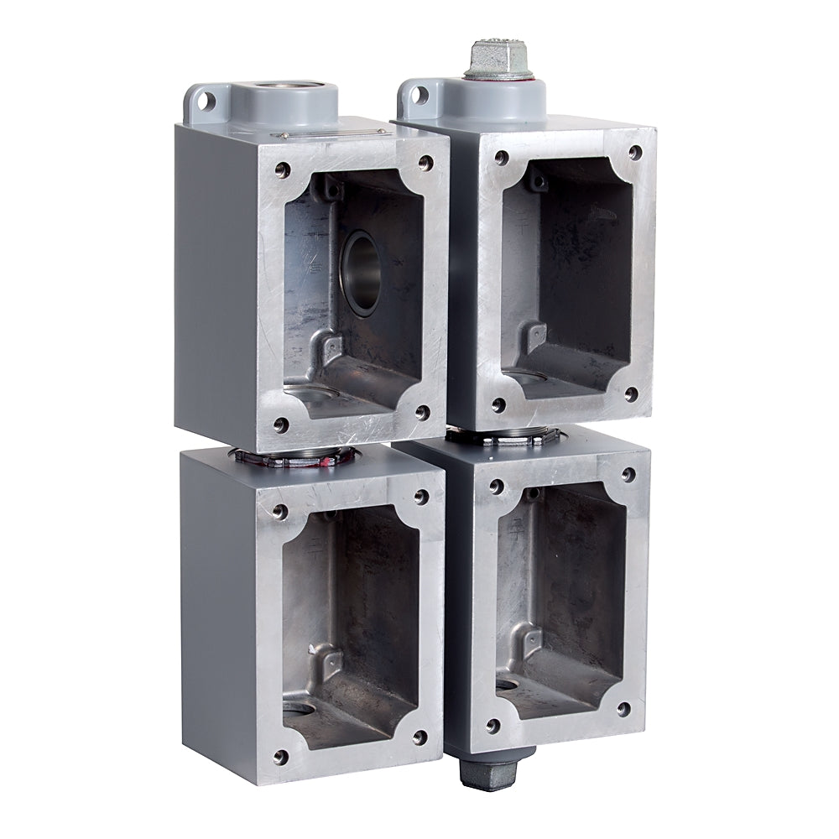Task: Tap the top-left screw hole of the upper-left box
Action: coord(283,169)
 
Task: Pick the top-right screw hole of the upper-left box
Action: coord(425,162)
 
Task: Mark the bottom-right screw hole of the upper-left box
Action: coord(422,413)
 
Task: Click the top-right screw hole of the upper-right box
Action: coord(635,153)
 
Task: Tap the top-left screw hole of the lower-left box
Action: coord(280,510)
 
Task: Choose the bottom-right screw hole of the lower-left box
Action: coord(419,738)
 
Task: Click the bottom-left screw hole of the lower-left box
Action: coord(281,757)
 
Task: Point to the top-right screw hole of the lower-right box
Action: coord(627,475)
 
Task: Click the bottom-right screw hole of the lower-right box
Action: coord(623,710)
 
